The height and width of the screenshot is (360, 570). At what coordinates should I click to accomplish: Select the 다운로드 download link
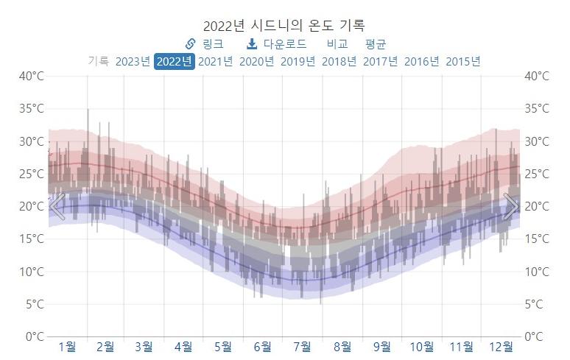(x=276, y=44)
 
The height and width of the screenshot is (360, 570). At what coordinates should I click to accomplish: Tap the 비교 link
(x=337, y=44)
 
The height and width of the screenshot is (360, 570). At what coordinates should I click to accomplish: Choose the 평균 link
(x=376, y=44)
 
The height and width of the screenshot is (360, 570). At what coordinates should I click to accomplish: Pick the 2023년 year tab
(x=133, y=61)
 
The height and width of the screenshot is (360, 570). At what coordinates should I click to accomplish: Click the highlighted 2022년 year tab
(x=175, y=61)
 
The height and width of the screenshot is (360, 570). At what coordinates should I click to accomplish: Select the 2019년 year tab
(x=298, y=61)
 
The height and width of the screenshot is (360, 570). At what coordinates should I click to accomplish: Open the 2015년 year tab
(x=462, y=61)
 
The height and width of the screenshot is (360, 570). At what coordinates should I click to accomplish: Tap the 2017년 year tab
(x=380, y=61)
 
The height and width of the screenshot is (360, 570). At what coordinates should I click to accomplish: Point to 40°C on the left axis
(x=31, y=76)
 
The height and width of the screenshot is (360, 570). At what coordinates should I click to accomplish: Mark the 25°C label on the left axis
(x=31, y=174)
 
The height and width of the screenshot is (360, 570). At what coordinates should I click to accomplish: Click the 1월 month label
(x=66, y=346)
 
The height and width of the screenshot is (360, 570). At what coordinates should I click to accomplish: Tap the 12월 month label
(x=502, y=346)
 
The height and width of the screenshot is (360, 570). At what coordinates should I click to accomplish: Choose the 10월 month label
(x=422, y=346)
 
